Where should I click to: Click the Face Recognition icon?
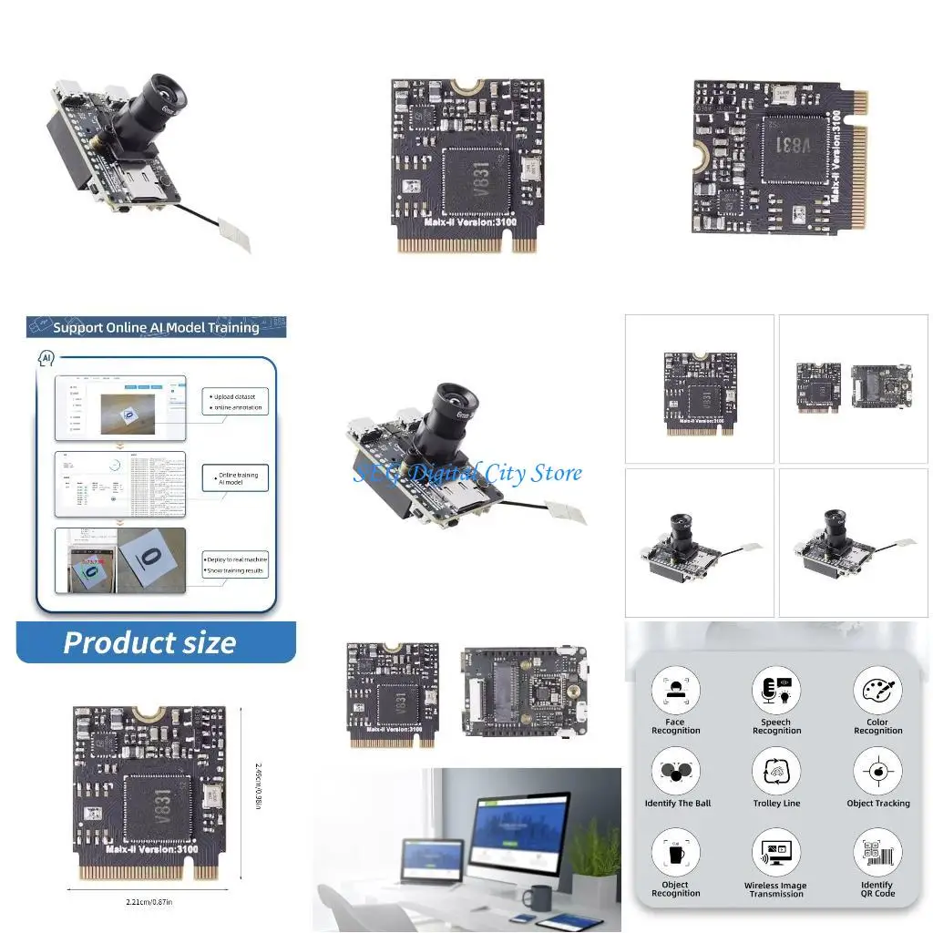(x=675, y=690)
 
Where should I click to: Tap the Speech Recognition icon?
(x=776, y=690)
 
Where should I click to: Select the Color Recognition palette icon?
(x=877, y=690)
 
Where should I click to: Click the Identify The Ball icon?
(x=675, y=771)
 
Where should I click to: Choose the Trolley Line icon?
(x=776, y=771)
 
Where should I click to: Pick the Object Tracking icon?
(x=877, y=771)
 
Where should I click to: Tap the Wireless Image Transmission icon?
(x=776, y=853)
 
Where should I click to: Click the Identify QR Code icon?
(x=877, y=853)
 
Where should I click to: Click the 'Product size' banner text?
(x=150, y=643)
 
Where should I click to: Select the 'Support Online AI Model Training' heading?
(x=156, y=327)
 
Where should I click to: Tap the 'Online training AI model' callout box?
(x=237, y=479)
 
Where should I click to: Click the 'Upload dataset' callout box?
(x=236, y=402)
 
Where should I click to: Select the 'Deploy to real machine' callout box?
(x=236, y=564)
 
